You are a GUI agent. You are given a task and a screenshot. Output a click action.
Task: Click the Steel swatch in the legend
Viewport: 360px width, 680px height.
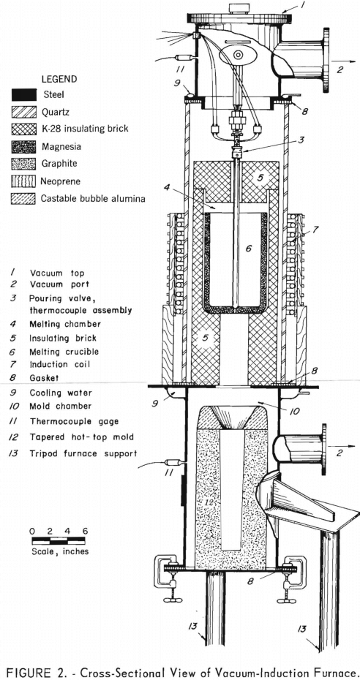click(24, 94)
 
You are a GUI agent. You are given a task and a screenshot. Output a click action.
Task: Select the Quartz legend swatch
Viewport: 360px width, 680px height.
click(24, 111)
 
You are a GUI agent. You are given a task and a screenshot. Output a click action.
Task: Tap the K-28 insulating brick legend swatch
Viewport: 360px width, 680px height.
click(24, 129)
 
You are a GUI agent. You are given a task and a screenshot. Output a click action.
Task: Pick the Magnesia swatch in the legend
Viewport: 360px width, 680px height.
click(24, 146)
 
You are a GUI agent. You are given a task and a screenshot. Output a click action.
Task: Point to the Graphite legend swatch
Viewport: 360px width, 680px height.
click(24, 164)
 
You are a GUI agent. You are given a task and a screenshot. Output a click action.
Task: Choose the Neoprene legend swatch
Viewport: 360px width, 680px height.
click(24, 181)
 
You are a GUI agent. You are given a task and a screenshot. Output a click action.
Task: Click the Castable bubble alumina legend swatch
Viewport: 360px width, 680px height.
click(24, 199)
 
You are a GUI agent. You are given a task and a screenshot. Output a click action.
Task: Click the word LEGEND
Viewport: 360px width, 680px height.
click(59, 80)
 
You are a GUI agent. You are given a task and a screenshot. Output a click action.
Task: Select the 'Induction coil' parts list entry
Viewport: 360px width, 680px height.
click(60, 364)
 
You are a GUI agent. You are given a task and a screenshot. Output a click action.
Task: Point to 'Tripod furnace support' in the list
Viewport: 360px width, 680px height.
click(83, 453)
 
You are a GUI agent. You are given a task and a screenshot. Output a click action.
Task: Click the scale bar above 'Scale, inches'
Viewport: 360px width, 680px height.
click(59, 541)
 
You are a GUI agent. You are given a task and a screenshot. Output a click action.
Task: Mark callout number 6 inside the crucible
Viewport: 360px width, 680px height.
click(249, 249)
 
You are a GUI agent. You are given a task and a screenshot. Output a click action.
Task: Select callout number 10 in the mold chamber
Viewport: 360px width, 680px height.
click(295, 411)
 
